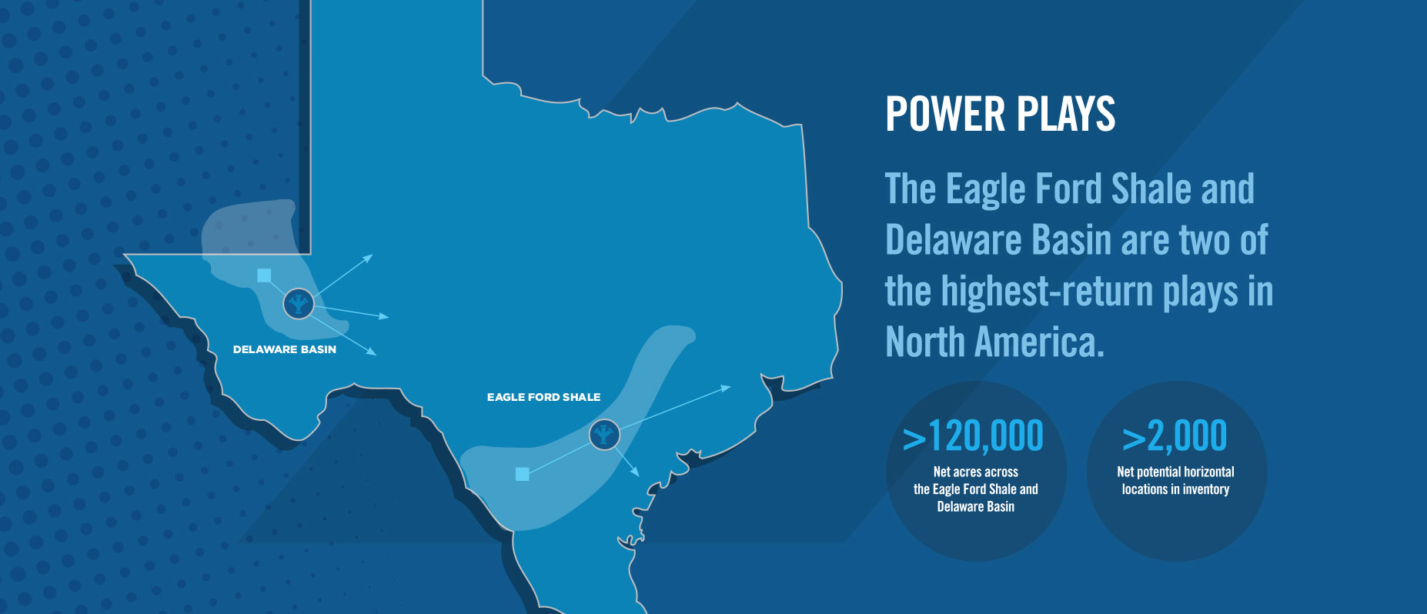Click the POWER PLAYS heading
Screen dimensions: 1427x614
[1000, 114]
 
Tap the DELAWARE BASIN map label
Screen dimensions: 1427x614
[285, 349]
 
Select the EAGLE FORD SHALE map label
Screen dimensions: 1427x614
[543, 397]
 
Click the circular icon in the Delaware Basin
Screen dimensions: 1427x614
[299, 304]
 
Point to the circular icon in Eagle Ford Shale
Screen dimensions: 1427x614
[605, 435]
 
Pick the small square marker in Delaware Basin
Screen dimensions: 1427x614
[264, 275]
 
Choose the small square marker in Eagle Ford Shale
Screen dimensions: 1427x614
[523, 474]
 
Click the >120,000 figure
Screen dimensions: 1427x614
[973, 436]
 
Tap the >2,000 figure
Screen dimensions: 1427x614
[1175, 436]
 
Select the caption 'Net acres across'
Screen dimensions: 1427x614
[975, 472]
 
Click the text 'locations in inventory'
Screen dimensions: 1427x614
[1175, 489]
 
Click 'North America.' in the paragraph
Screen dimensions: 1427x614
[994, 342]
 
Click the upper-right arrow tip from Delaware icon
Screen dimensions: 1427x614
[371, 255]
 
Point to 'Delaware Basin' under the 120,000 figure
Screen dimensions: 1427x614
[975, 506]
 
